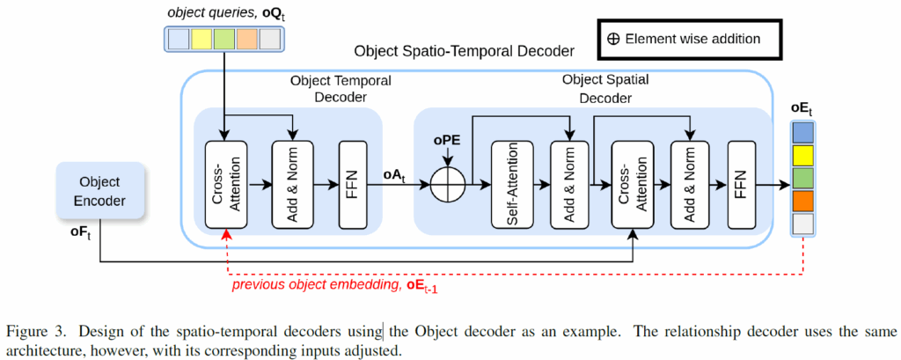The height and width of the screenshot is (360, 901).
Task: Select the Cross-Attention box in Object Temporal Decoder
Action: (x=226, y=184)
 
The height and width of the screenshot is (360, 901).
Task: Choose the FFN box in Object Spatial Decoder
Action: (x=742, y=184)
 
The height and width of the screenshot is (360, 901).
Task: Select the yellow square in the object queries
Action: (x=201, y=39)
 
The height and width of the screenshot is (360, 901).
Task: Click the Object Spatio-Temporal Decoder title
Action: (x=464, y=53)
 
